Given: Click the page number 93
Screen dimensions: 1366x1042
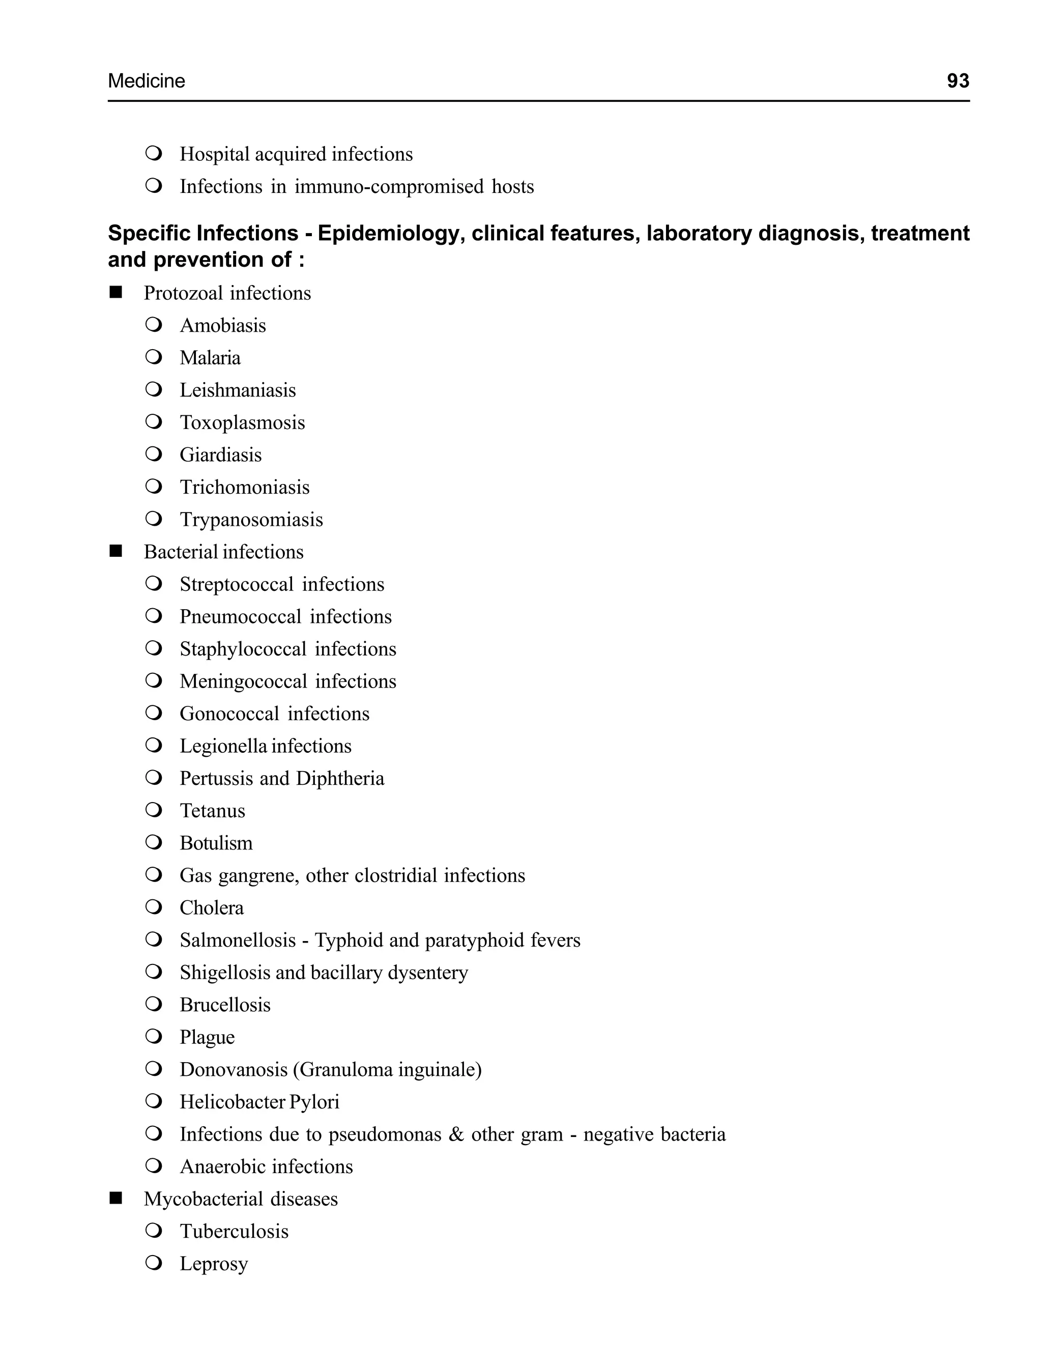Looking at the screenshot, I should [958, 80].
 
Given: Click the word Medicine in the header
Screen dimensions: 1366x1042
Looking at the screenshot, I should [147, 80].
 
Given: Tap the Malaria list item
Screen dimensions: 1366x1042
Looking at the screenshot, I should [210, 358].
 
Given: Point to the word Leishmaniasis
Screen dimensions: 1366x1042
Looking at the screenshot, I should [238, 390].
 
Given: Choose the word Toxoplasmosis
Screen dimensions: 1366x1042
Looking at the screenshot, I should [242, 422].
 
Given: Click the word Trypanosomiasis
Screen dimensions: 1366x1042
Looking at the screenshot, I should [251, 519].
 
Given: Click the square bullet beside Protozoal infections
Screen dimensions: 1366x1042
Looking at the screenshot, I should [116, 293].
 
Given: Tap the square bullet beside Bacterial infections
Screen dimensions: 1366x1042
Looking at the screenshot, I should [116, 552].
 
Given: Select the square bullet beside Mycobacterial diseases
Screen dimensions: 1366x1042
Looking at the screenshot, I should [116, 1199].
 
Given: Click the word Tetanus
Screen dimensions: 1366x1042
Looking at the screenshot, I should [212, 811].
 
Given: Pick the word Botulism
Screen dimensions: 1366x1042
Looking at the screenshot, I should [216, 843].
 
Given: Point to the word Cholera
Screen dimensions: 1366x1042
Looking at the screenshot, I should [212, 907].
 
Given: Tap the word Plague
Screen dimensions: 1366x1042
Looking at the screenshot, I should [207, 1037].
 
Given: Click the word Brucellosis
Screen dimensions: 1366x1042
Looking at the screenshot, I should [225, 1005].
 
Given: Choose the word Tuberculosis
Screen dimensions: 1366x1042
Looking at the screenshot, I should [234, 1232].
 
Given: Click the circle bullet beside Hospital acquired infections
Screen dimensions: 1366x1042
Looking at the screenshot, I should [153, 153].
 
